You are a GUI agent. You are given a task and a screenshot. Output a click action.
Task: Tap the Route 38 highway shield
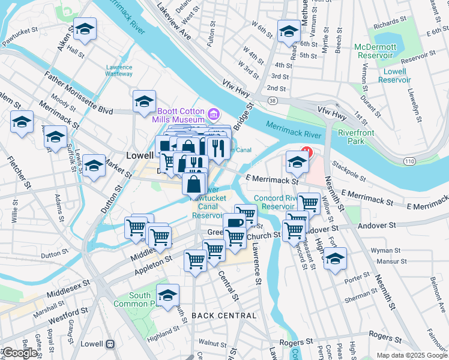point(273,101)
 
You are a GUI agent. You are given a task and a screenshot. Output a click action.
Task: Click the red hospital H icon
point(307,152)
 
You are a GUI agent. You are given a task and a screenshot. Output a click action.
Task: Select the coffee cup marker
point(235,223)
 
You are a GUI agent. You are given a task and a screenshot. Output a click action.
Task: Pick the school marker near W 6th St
point(289,30)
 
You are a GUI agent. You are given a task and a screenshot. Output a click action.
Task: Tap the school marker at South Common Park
point(168,295)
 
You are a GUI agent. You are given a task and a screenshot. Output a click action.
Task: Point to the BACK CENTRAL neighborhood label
point(224,316)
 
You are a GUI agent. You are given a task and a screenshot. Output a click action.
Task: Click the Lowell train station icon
point(110,344)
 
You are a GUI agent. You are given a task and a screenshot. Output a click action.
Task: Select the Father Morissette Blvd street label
point(79,94)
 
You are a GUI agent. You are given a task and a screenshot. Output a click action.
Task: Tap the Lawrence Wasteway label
point(119,70)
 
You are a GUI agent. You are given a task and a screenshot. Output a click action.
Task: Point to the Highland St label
point(164,333)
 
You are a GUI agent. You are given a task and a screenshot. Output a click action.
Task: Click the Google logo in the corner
point(20,353)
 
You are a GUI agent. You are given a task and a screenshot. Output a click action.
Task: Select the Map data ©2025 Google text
point(411,355)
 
